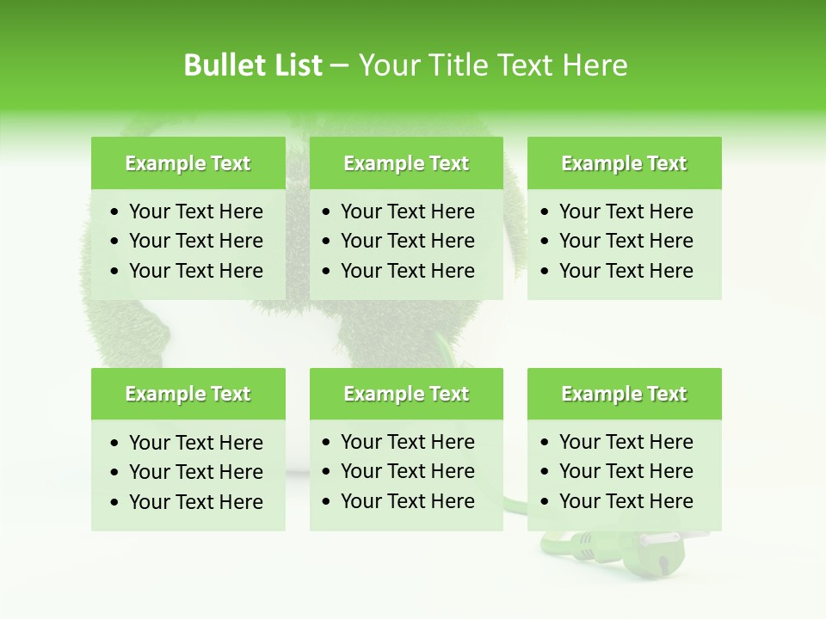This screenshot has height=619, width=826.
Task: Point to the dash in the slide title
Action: tap(339, 66)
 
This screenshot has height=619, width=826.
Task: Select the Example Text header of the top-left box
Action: tap(188, 163)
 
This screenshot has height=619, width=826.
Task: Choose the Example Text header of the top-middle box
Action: tap(406, 163)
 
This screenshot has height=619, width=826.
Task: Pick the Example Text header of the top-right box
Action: tap(624, 163)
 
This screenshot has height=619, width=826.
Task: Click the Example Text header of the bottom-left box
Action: tap(188, 394)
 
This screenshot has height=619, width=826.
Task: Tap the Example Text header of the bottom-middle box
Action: tap(406, 394)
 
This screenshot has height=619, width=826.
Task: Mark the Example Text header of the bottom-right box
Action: tap(624, 394)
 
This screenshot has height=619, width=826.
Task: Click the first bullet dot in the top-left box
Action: tap(115, 212)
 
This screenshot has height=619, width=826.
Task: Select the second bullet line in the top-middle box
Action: tap(407, 241)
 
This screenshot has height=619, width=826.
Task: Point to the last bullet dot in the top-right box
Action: tap(546, 272)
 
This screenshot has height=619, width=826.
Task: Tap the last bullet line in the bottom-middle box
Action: tap(407, 501)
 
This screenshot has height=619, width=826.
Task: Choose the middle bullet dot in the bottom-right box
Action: tap(546, 472)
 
